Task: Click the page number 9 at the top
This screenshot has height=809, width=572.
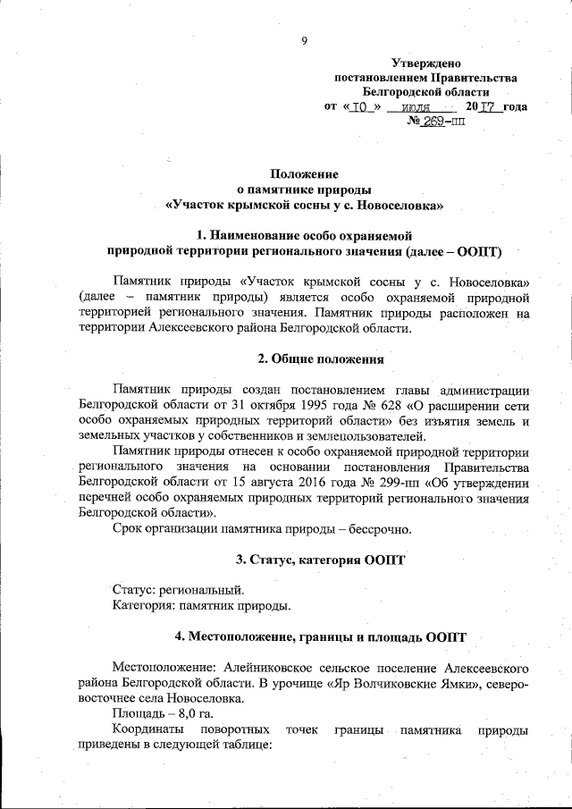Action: tap(305, 39)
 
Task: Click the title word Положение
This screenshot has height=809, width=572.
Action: tap(304, 173)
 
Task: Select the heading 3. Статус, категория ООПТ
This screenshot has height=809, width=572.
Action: tap(320, 560)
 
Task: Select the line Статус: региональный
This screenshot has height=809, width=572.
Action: tap(178, 592)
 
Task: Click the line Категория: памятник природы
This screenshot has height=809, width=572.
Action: tap(201, 608)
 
